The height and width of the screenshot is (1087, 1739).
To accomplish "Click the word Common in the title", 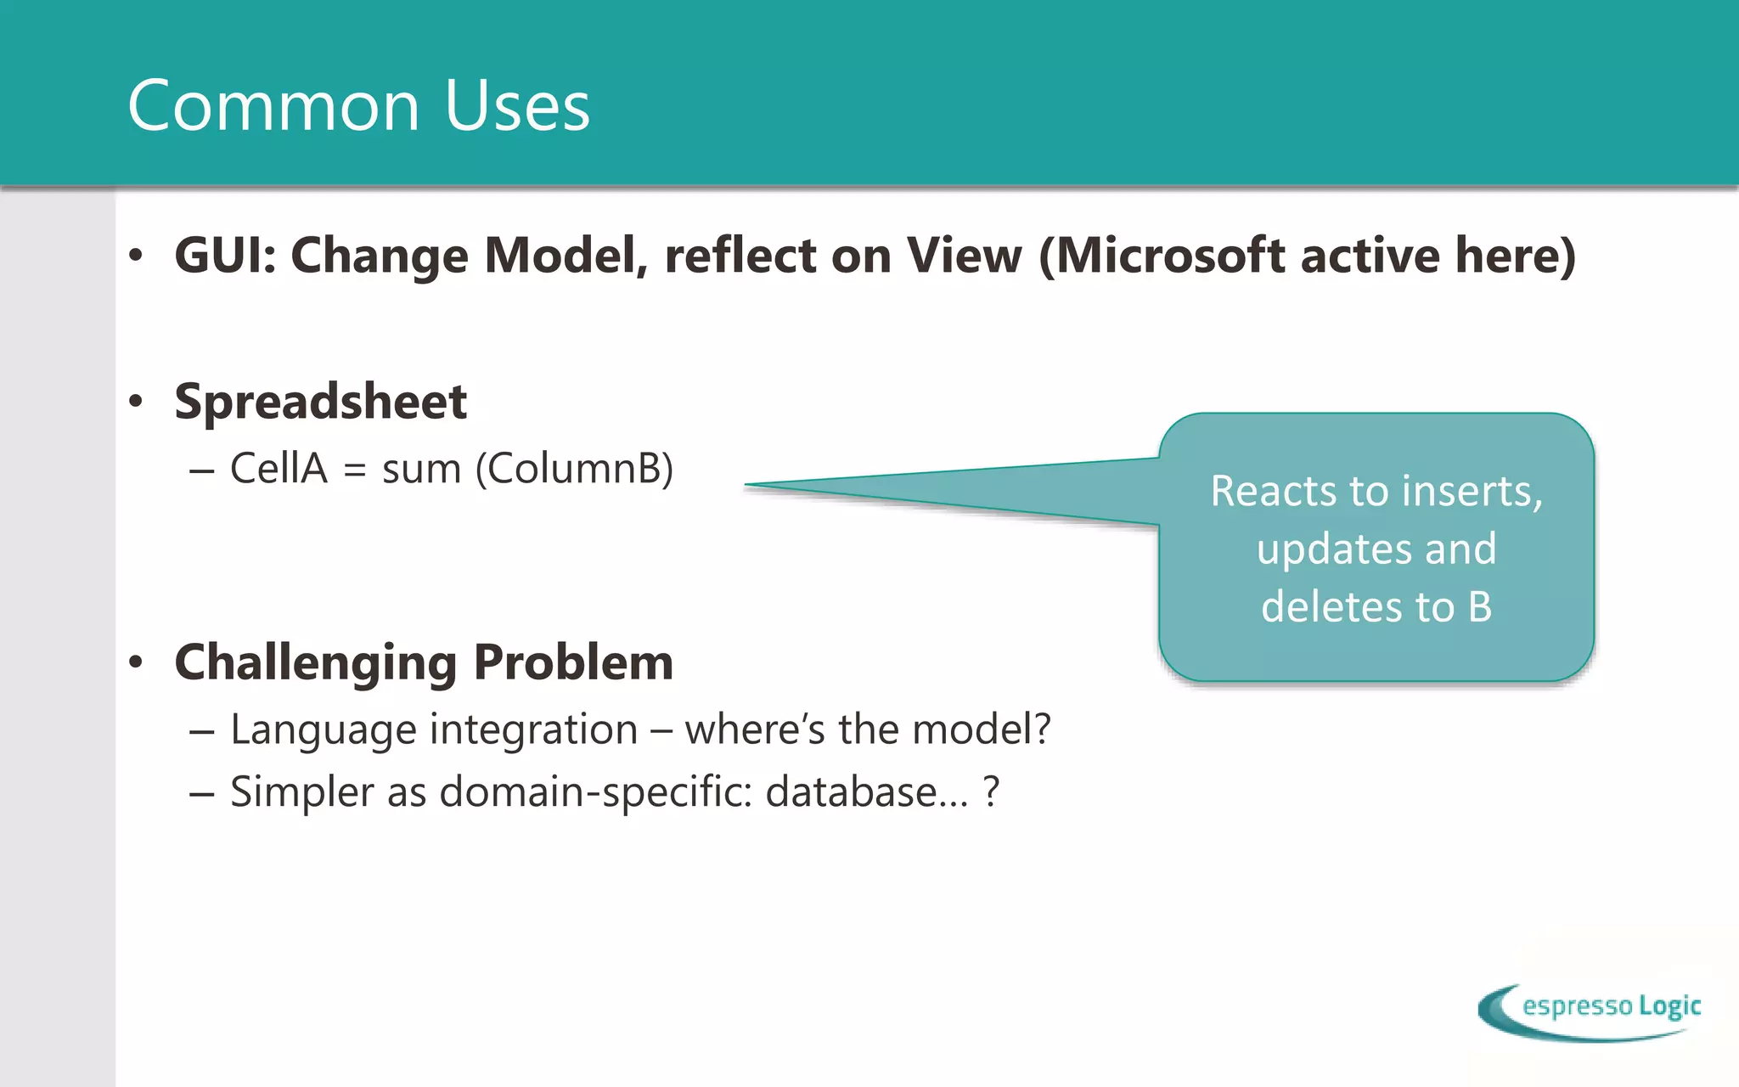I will click(x=273, y=106).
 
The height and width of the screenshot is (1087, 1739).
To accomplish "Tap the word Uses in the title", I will click(x=516, y=106).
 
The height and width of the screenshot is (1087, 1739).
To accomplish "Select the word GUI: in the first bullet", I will click(x=225, y=255).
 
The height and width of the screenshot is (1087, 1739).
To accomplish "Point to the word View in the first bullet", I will click(x=964, y=255).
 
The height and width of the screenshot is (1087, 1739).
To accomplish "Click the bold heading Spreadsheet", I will click(x=320, y=401).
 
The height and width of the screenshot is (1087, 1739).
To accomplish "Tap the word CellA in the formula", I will click(x=279, y=468).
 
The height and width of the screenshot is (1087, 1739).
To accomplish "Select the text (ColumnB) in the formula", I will click(x=574, y=468).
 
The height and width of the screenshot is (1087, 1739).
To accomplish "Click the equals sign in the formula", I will click(x=355, y=470).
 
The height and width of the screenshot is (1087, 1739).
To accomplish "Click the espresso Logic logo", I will click(x=1590, y=1011).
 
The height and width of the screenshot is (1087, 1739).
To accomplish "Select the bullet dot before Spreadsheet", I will click(x=136, y=401).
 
